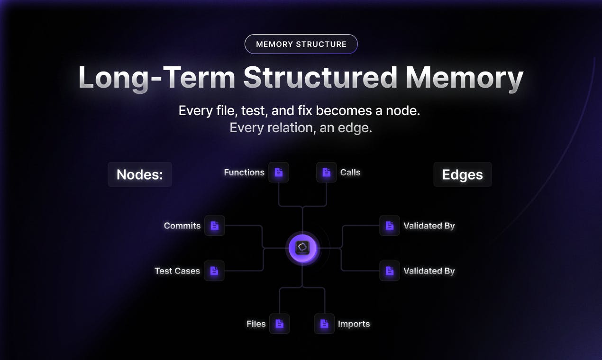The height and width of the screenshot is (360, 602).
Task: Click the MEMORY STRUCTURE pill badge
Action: (301, 44)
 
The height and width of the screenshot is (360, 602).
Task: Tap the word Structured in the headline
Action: (320, 77)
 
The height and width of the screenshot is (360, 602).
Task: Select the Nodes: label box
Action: (140, 174)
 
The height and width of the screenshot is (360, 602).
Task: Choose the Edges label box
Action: (463, 174)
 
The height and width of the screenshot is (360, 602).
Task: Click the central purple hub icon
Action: (302, 248)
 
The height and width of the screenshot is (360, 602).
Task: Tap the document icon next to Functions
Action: (278, 172)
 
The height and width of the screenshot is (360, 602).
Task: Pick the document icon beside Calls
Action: (326, 172)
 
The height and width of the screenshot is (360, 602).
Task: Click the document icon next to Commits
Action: (214, 225)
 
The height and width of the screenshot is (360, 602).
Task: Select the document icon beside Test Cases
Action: (214, 271)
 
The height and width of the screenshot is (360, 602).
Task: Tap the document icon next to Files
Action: (280, 324)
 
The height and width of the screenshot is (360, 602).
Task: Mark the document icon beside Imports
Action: (324, 324)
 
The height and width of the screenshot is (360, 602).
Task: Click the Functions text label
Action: (244, 172)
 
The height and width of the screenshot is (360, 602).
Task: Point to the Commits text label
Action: (182, 225)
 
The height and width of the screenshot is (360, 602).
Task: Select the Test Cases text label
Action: (177, 271)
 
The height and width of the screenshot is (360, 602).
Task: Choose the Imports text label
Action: (354, 324)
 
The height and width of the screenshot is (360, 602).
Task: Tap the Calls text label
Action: (350, 172)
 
